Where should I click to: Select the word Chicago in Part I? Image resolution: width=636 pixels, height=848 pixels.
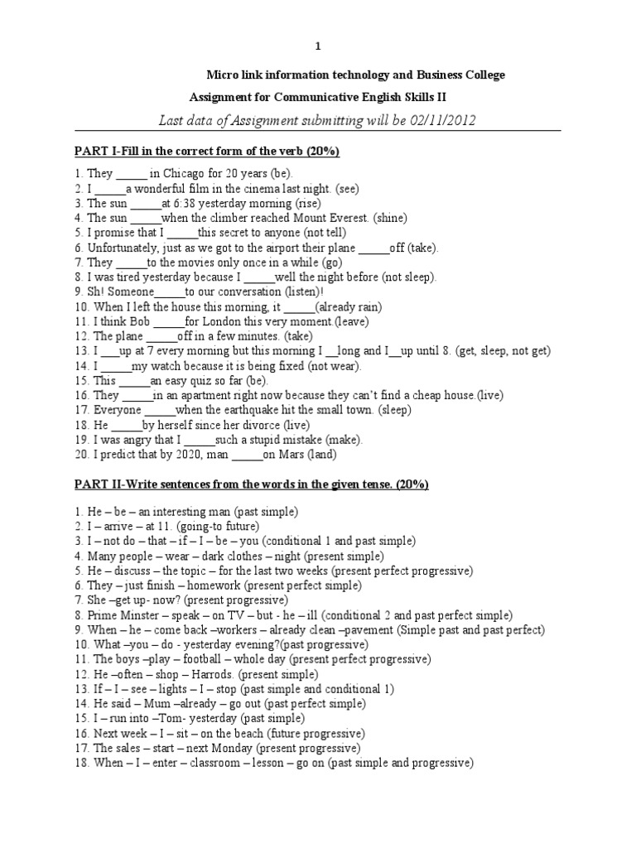click(x=185, y=174)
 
